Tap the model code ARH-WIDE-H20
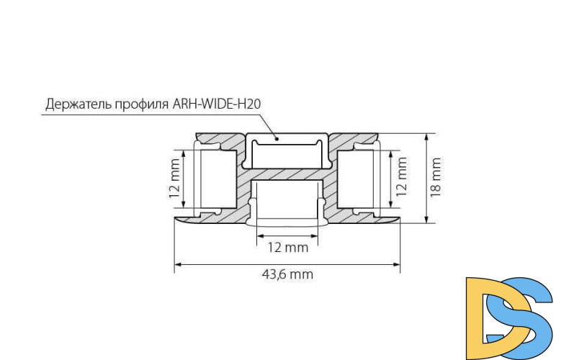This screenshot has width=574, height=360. (x=216, y=104)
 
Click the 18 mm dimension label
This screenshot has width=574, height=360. (x=436, y=176)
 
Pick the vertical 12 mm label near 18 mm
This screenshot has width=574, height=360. (x=402, y=176)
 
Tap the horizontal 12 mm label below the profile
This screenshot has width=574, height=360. (x=287, y=248)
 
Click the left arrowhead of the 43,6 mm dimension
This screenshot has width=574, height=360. (x=177, y=265)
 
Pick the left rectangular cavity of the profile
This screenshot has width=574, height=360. (x=215, y=179)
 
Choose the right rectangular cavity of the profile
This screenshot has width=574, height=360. (x=356, y=179)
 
